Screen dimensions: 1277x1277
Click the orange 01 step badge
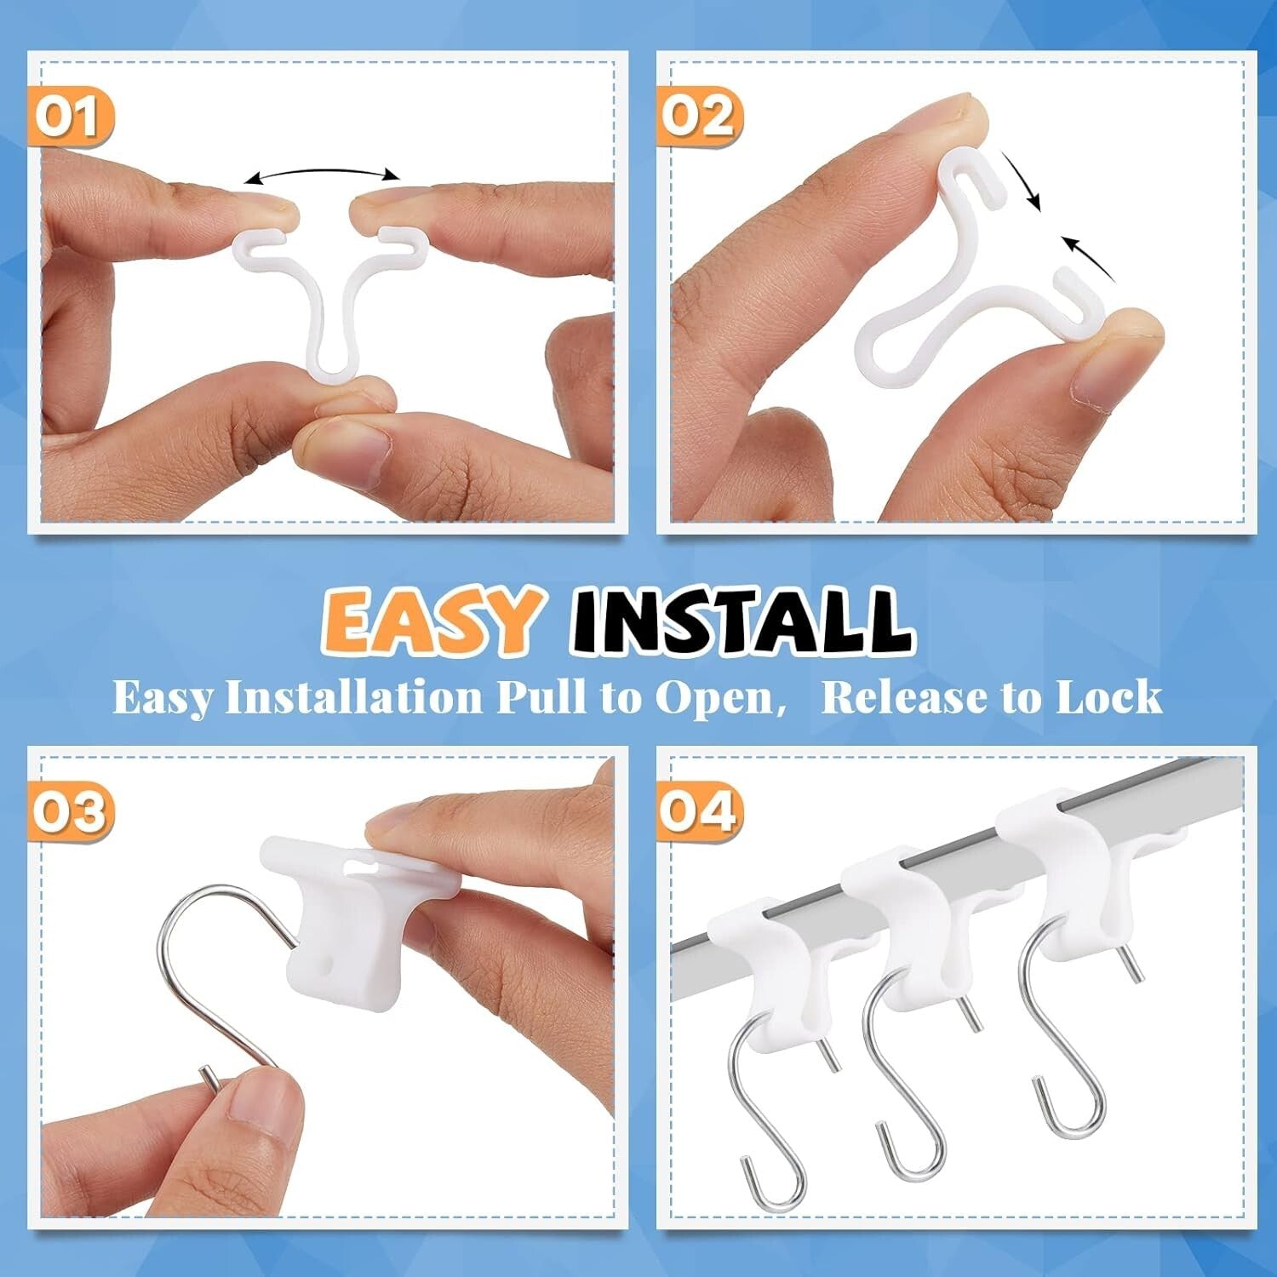[71, 117]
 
